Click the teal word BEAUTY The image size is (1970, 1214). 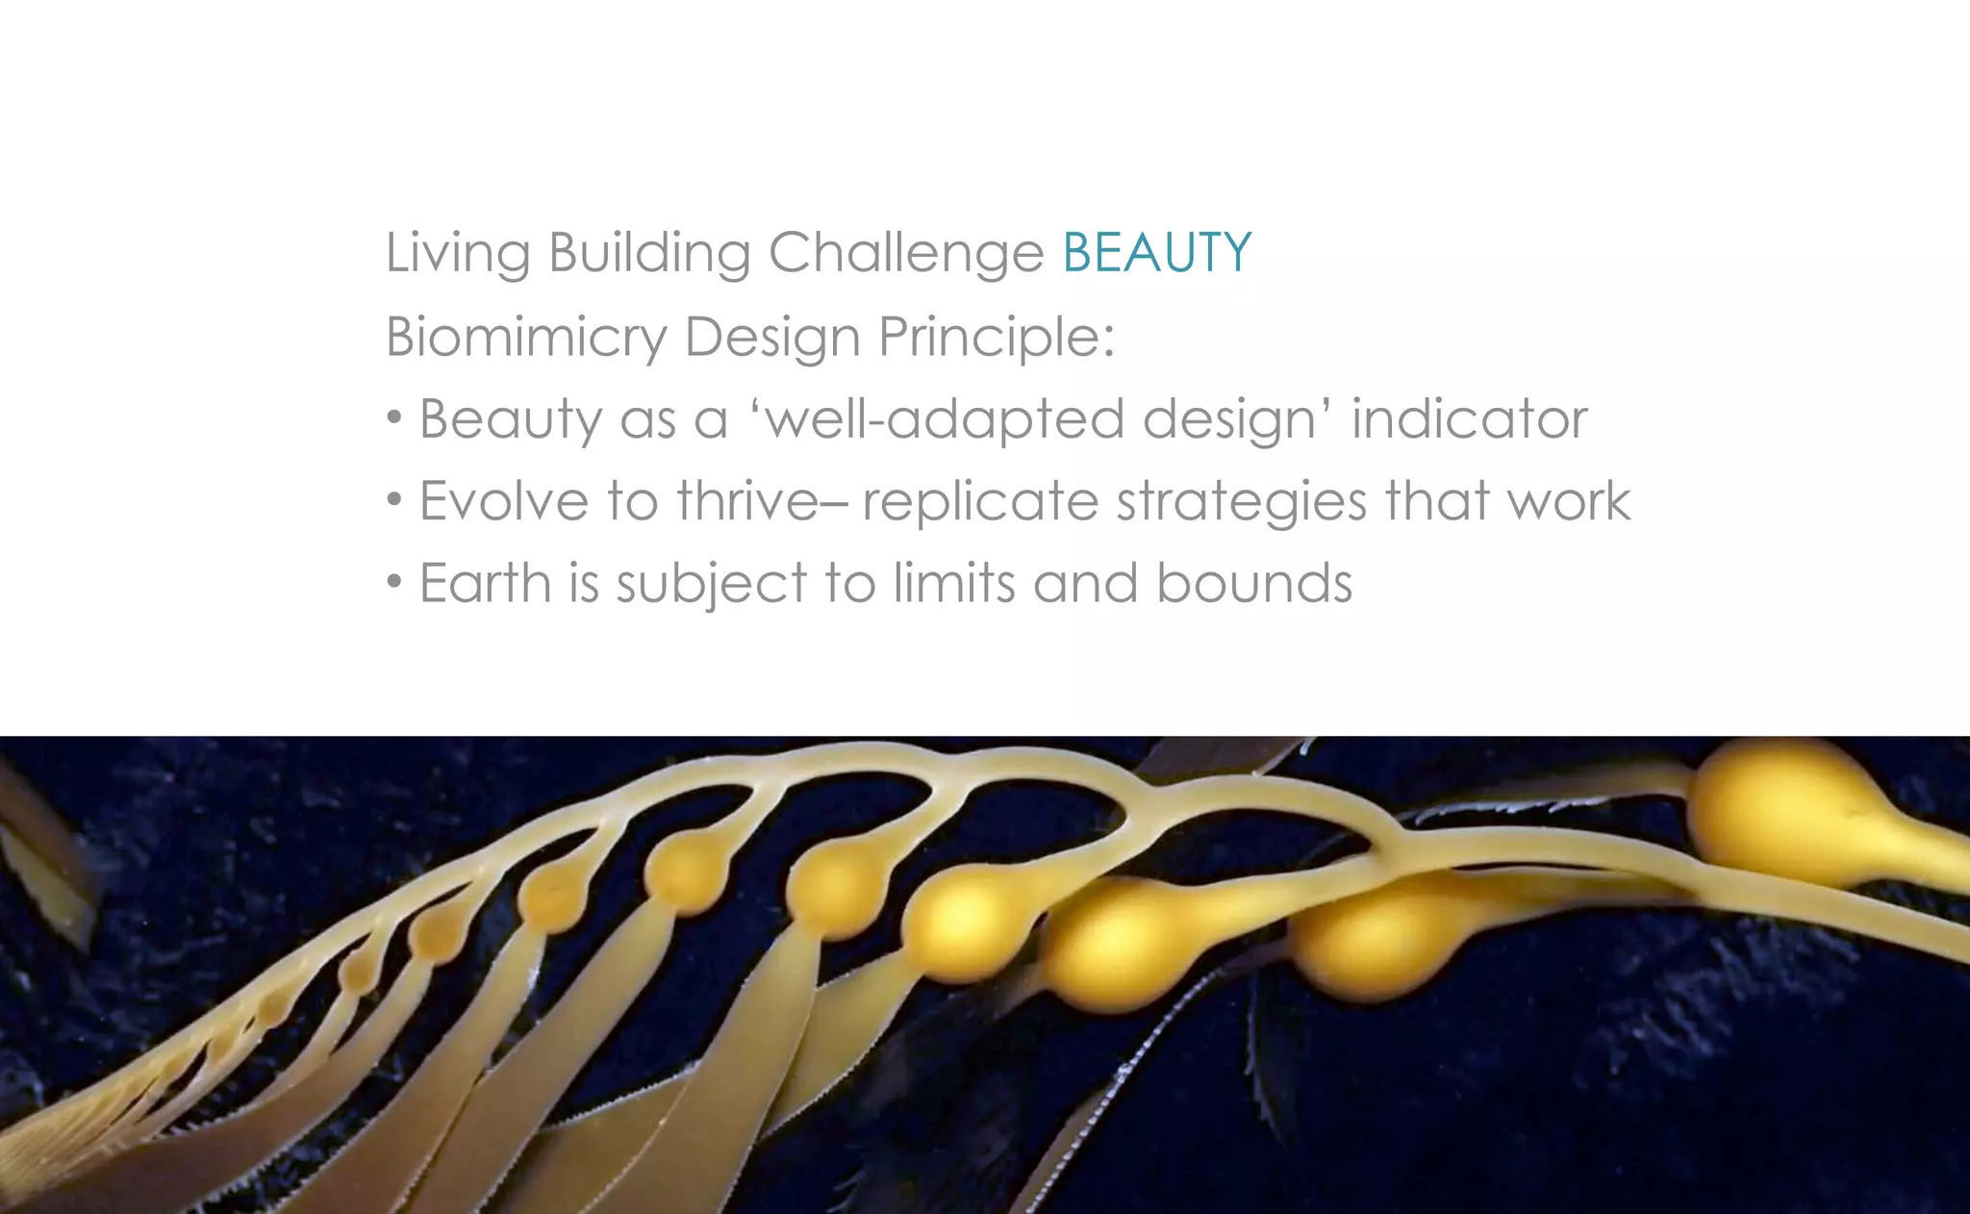(1156, 253)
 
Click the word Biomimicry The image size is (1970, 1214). (526, 338)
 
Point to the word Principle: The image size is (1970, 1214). (997, 338)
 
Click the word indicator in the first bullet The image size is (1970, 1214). (1469, 419)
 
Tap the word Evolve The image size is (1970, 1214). (504, 501)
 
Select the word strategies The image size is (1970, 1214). (1241, 503)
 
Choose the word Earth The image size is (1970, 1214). (485, 583)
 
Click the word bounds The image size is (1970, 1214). (1254, 583)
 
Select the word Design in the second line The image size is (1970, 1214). (771, 338)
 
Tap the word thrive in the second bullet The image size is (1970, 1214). (747, 501)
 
